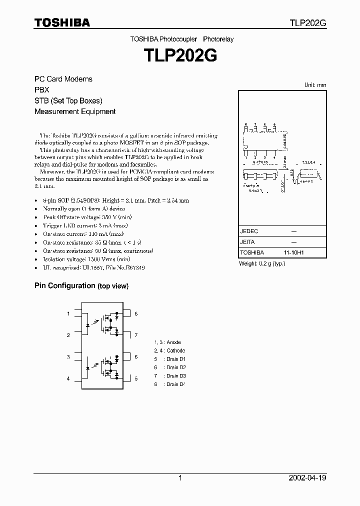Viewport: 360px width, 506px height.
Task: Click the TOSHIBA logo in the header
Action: (x=62, y=22)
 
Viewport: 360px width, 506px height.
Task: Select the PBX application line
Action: (x=41, y=90)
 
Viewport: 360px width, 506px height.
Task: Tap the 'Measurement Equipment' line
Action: (x=75, y=111)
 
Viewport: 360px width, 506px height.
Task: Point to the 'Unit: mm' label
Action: (x=315, y=85)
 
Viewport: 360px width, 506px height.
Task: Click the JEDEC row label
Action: (x=249, y=231)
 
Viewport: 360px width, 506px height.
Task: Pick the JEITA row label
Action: (x=247, y=242)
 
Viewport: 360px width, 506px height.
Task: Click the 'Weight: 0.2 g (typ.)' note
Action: (x=262, y=263)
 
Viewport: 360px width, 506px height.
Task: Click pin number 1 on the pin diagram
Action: (x=68, y=314)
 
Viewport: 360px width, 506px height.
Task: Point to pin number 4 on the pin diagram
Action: (x=68, y=378)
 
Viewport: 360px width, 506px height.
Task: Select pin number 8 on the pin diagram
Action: (x=135, y=314)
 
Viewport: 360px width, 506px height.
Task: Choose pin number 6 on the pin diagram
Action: (x=135, y=357)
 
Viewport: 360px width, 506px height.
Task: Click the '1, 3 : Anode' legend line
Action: (x=167, y=342)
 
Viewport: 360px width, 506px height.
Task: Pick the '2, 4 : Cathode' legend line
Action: (x=169, y=350)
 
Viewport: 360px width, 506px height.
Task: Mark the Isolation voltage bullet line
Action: (x=86, y=259)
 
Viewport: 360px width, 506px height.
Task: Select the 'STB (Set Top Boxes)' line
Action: (x=68, y=100)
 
